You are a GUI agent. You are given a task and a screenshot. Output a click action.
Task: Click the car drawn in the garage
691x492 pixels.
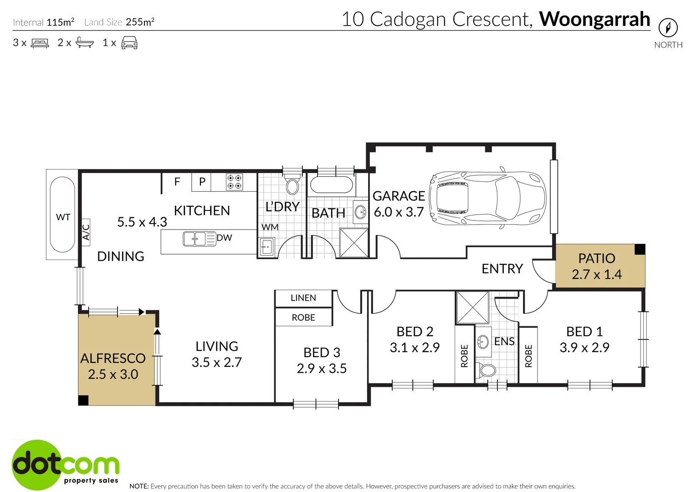coord(487,198)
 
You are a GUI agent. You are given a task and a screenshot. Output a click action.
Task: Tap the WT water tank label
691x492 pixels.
coord(63,217)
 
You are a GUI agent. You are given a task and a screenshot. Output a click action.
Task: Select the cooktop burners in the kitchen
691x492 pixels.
coord(235,182)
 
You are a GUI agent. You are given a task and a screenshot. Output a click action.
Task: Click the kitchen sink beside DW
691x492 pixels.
coord(195,239)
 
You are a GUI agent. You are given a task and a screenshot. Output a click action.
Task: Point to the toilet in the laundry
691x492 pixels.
coord(292,186)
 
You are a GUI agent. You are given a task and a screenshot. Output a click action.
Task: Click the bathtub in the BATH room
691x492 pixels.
coord(331,184)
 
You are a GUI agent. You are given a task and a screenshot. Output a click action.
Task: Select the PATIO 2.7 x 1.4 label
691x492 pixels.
coord(596,266)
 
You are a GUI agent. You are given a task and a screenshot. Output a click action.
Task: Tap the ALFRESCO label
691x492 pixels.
coord(113,359)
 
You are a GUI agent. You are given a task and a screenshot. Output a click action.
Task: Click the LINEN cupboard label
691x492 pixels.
coord(303,298)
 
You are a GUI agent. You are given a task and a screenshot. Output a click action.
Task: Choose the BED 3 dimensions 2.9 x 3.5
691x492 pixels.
coord(322,369)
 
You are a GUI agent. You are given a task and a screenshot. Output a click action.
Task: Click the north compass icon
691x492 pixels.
coord(668,28)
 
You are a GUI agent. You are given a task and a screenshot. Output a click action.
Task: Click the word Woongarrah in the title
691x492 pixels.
coord(594,19)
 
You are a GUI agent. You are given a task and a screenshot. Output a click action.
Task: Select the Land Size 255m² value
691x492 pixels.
coord(140,22)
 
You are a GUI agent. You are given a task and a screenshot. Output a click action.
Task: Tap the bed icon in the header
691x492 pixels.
coord(40,43)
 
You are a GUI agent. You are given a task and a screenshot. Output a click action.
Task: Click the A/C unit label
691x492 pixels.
coord(86,232)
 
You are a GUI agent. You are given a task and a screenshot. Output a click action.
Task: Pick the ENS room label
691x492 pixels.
coord(504,342)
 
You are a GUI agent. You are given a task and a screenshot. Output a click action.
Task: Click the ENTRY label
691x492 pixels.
coord(502,269)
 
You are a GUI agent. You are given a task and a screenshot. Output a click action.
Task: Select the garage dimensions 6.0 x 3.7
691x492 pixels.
coord(399,212)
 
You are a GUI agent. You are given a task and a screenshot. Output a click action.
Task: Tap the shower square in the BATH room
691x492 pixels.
coord(354,242)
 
